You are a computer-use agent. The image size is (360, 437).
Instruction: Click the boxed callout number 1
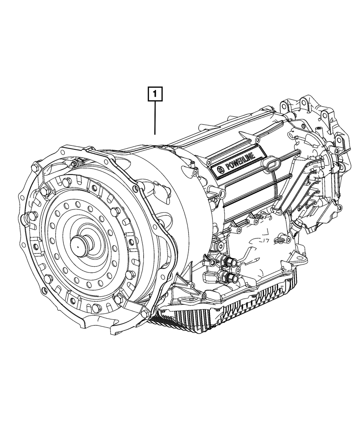[155, 94]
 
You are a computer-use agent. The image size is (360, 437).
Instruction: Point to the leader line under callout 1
[155, 118]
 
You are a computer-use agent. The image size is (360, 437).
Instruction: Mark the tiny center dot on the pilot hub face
[78, 247]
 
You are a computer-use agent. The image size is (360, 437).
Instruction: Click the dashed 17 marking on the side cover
[265, 241]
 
